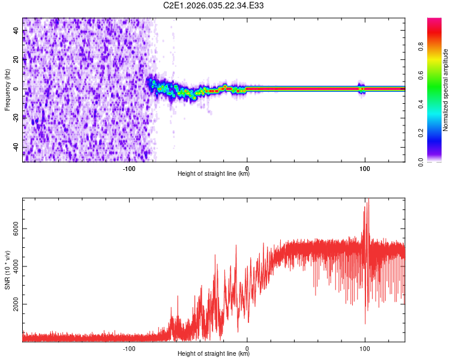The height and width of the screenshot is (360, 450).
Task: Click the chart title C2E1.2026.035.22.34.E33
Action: (214, 5)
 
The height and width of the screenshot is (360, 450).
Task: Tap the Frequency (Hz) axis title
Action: (7, 89)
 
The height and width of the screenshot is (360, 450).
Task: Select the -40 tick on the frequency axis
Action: (17, 147)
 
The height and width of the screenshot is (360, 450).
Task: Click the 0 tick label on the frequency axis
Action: (17, 89)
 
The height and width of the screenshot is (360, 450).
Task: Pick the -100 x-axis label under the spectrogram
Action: (129, 168)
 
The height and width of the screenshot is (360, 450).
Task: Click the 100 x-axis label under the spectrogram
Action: (364, 168)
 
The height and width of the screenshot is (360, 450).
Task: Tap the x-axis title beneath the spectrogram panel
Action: (214, 174)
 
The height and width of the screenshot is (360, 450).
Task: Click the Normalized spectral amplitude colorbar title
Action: (446, 90)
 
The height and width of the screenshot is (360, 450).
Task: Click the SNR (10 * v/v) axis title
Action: (7, 270)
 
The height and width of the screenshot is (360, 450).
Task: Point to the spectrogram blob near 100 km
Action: (361, 89)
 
